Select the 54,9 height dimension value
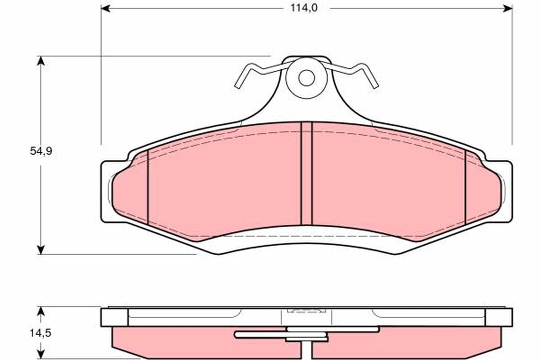pos(41,151)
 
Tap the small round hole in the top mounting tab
pos(306,78)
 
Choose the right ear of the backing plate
pos(506,191)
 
